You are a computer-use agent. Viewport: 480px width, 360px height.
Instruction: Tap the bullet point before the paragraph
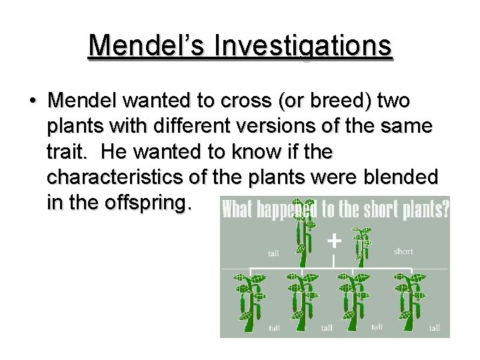[x=32, y=101]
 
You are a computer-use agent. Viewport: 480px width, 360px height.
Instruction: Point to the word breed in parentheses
[x=342, y=101]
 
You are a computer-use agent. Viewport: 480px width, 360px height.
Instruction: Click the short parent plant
[x=362, y=244]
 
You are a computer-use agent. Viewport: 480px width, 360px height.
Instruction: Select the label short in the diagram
[x=403, y=251]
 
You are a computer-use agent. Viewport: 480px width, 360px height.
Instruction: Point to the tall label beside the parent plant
[x=273, y=253]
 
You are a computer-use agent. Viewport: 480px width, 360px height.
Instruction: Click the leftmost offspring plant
[x=250, y=300]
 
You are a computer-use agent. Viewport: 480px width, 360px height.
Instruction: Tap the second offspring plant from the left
[x=303, y=300]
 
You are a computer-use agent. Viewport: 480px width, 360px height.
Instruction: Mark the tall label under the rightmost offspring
[x=435, y=327]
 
